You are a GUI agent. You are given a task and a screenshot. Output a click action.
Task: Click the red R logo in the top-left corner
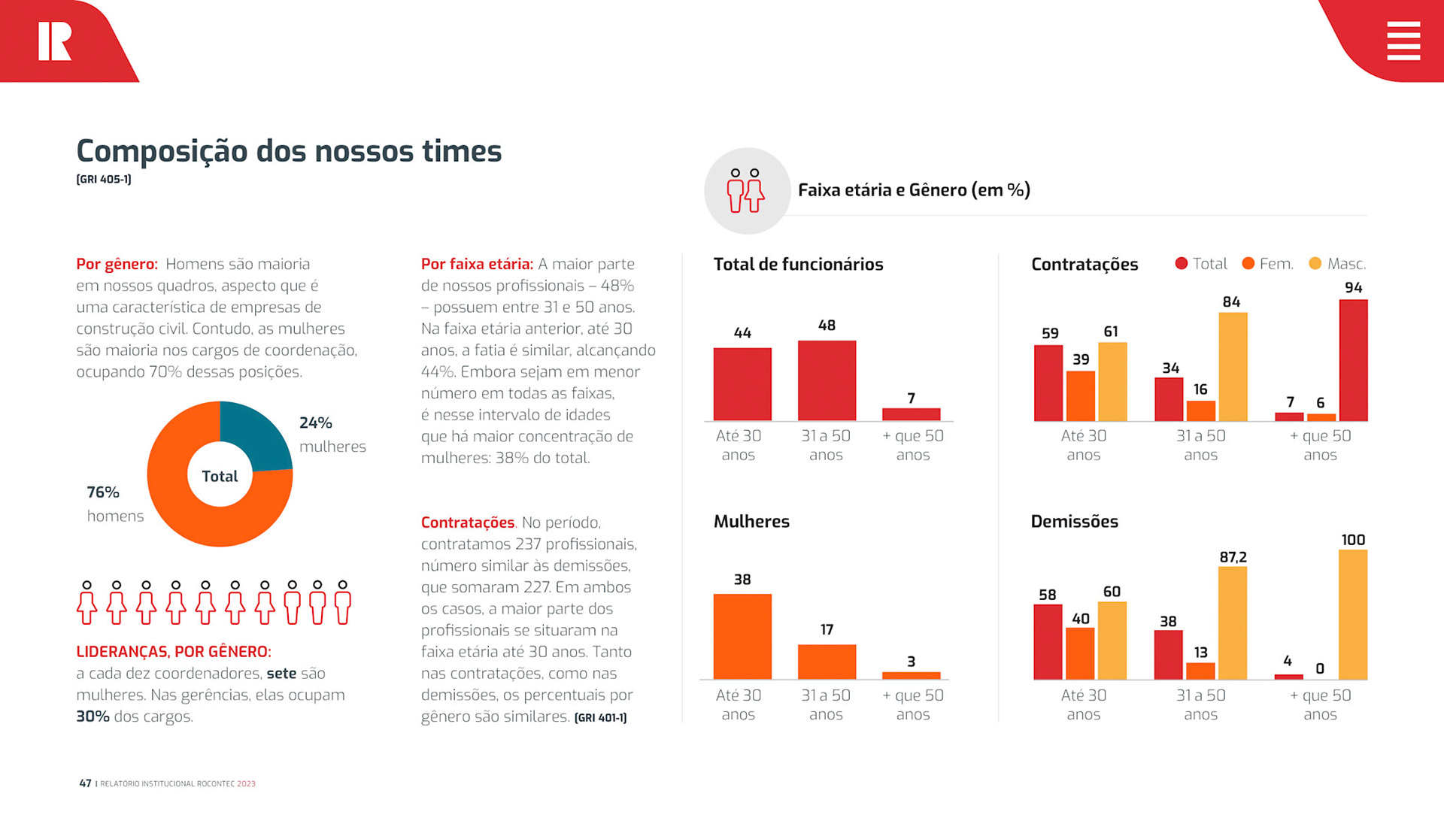click(x=55, y=41)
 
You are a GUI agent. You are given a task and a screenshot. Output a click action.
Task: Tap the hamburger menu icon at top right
click(x=1403, y=41)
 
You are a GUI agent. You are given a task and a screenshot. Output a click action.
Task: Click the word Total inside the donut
click(x=220, y=476)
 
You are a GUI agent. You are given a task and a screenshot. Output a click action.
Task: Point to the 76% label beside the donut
click(x=103, y=492)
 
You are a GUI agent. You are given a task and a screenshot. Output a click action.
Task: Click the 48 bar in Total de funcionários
click(x=827, y=380)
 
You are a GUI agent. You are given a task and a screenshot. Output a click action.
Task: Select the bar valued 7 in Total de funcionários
click(x=911, y=414)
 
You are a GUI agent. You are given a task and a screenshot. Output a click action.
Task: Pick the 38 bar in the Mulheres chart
click(x=742, y=636)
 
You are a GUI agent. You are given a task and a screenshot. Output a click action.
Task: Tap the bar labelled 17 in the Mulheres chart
click(x=827, y=662)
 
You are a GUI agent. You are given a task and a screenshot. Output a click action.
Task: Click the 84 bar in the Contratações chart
click(x=1233, y=367)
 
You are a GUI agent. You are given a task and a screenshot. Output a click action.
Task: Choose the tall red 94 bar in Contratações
click(x=1353, y=360)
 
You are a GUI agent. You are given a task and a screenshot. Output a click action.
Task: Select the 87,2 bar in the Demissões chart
click(x=1233, y=623)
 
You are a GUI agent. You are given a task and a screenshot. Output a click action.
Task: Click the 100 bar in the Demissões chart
click(x=1353, y=614)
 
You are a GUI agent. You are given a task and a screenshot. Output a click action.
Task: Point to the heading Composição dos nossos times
click(x=289, y=151)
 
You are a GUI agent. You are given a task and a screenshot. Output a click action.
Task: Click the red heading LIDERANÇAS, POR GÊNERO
click(x=174, y=652)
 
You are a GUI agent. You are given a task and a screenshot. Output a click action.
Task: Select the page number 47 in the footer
click(x=85, y=783)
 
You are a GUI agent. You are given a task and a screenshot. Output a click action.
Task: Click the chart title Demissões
click(x=1074, y=521)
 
